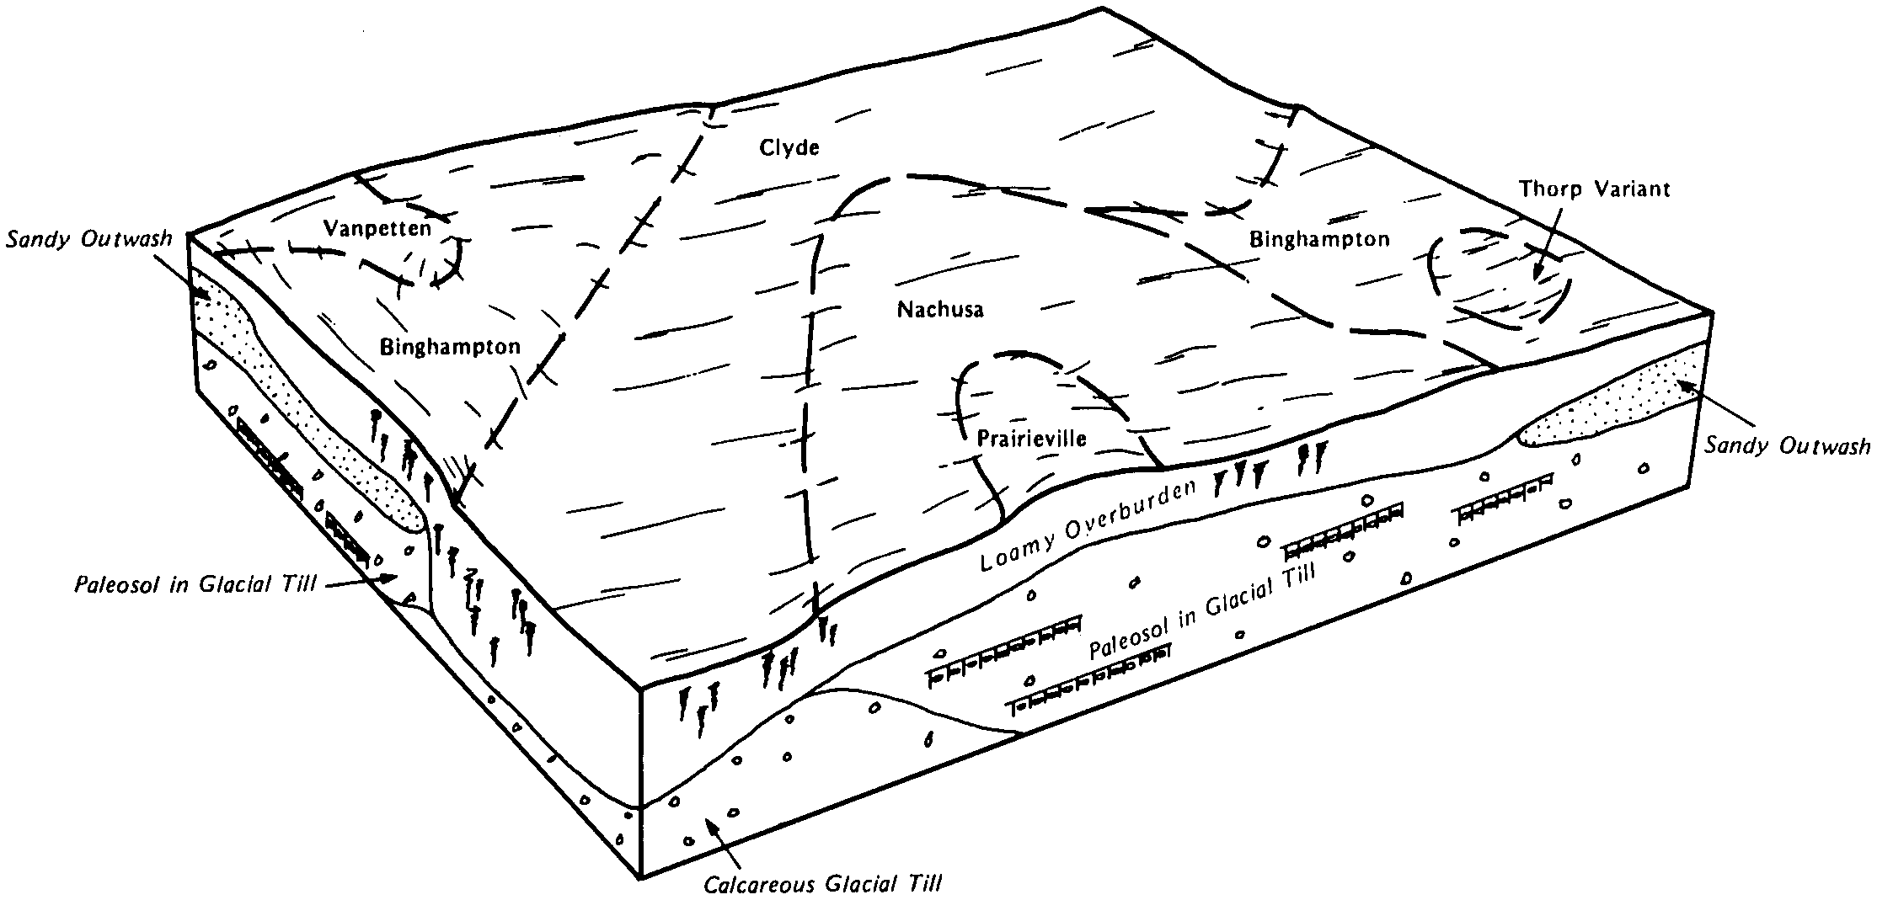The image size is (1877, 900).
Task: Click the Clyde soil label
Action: pyautogui.click(x=789, y=149)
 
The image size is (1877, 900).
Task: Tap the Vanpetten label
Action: pyautogui.click(x=377, y=228)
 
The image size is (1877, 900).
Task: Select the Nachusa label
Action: pyautogui.click(x=940, y=309)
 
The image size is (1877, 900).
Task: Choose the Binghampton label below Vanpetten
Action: pyautogui.click(x=450, y=347)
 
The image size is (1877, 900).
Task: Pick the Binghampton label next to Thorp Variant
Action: pyautogui.click(x=1319, y=240)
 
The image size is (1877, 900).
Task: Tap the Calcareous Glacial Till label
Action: pyautogui.click(x=821, y=884)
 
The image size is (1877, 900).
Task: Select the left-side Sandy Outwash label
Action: pyautogui.click(x=89, y=238)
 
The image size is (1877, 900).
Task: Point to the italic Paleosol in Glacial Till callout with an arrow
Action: pyautogui.click(x=195, y=584)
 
